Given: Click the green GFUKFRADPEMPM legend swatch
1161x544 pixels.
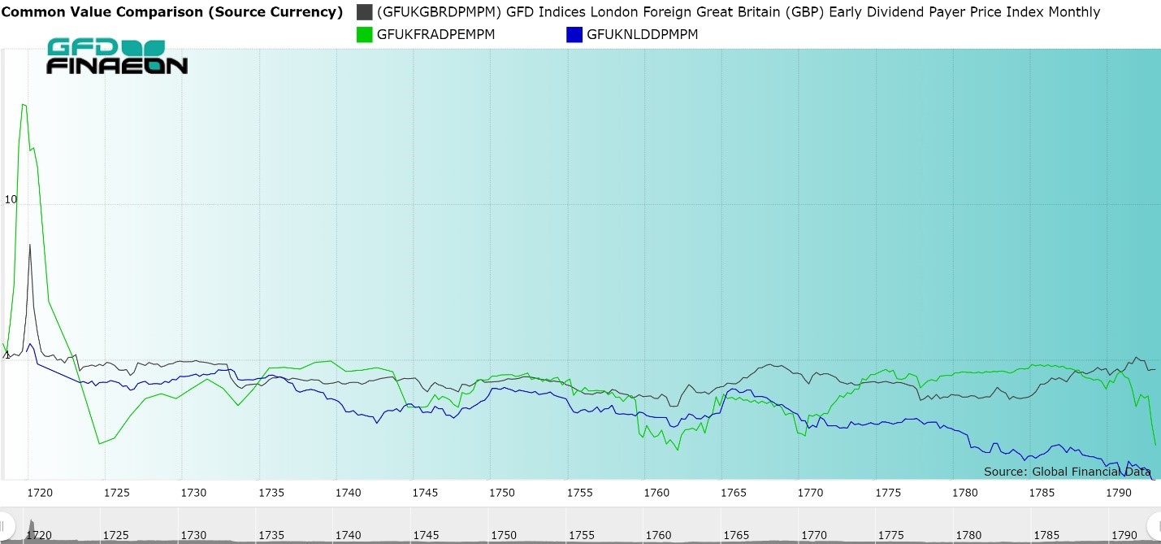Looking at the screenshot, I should tap(365, 35).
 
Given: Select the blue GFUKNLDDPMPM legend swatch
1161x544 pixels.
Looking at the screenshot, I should tap(574, 35).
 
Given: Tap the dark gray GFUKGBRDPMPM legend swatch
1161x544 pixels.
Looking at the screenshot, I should tap(365, 12).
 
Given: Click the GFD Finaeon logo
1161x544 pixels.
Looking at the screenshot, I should tap(117, 57).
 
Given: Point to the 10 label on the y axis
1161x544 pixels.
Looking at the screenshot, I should tap(11, 199).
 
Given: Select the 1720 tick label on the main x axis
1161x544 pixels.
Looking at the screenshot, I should tap(40, 493).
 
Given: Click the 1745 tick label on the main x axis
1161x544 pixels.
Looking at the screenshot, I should tap(425, 493).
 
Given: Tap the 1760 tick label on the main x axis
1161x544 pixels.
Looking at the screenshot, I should tap(656, 493).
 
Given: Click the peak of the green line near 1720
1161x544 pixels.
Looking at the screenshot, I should tap(24, 104).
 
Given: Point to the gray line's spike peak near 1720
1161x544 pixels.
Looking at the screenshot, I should tap(30, 244).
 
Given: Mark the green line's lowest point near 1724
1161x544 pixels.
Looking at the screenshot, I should tap(99, 443).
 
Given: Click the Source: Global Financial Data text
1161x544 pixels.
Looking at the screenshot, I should tap(1067, 472).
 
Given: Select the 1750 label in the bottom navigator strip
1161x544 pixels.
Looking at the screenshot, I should tap(503, 535).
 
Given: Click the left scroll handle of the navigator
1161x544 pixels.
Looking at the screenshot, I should tap(6, 524).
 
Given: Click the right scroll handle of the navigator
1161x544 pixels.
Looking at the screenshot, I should tap(1154, 524).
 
